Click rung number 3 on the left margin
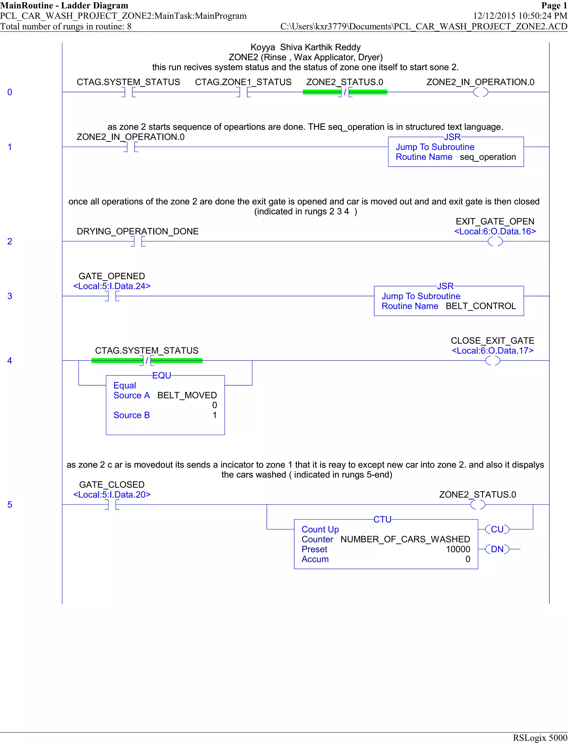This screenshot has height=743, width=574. pyautogui.click(x=10, y=296)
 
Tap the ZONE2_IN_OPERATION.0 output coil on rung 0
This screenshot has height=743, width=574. pyautogui.click(x=480, y=92)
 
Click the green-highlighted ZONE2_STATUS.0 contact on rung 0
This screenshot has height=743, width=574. pyautogui.click(x=345, y=92)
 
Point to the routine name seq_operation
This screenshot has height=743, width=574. pyautogui.click(x=488, y=157)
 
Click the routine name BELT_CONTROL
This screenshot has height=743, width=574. pyautogui.click(x=480, y=306)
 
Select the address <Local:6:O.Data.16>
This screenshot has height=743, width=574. pyautogui.click(x=495, y=231)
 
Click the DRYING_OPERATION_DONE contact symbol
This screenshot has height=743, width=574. pyautogui.click(x=138, y=241)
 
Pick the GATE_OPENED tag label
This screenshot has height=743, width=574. pyautogui.click(x=112, y=276)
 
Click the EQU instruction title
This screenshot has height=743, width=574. pyautogui.click(x=161, y=375)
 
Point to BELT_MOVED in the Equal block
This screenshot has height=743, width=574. pyautogui.click(x=187, y=395)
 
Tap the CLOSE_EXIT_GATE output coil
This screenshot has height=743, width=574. pyautogui.click(x=492, y=360)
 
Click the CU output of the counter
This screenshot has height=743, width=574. pyautogui.click(x=497, y=529)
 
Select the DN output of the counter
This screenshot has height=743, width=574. pyautogui.click(x=497, y=549)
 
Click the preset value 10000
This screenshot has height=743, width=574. pyautogui.click(x=458, y=549)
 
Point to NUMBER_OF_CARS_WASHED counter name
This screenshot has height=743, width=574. pyautogui.click(x=405, y=539)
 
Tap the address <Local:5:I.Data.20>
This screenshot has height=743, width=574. pyautogui.click(x=112, y=494)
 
